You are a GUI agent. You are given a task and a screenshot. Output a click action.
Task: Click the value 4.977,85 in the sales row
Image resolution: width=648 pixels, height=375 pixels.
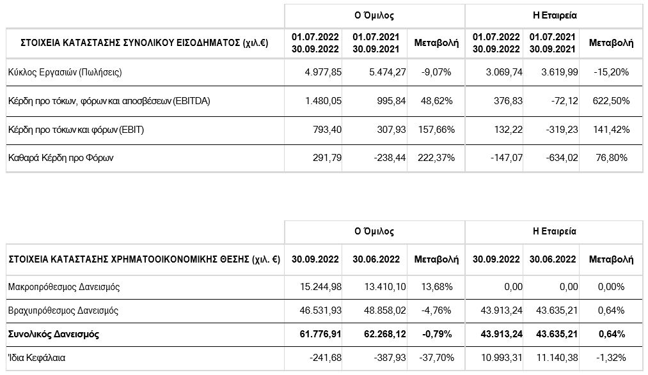(323, 72)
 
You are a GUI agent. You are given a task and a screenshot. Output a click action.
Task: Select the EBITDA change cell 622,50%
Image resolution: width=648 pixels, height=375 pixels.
(612, 101)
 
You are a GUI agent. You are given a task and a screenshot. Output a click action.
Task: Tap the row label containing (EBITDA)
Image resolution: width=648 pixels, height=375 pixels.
(109, 101)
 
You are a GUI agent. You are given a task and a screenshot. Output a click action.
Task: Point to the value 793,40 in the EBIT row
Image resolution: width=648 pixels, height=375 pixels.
(328, 130)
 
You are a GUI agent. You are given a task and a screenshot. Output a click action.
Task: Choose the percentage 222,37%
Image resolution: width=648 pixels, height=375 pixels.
(436, 158)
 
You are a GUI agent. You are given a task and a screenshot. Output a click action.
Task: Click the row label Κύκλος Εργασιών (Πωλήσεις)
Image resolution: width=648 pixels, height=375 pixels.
(65, 73)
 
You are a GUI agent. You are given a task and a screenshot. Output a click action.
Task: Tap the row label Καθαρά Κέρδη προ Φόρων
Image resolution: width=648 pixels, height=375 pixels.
(61, 158)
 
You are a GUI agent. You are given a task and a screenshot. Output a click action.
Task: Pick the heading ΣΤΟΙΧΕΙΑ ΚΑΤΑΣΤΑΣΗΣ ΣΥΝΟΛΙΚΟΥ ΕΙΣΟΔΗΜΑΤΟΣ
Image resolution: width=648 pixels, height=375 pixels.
(130, 43)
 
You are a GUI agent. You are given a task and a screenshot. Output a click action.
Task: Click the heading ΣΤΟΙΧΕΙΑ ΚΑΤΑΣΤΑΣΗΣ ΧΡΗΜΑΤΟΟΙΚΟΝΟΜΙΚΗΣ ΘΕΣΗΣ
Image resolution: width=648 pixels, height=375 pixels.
(129, 259)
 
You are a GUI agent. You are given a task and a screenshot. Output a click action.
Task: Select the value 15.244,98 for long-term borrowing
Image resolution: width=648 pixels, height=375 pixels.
(321, 287)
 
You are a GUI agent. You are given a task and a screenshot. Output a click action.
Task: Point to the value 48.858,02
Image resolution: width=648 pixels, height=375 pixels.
(385, 310)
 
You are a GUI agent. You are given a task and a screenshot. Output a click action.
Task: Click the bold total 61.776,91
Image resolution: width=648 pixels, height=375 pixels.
(320, 333)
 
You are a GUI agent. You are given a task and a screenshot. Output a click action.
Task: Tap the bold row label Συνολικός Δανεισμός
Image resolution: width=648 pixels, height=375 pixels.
(54, 334)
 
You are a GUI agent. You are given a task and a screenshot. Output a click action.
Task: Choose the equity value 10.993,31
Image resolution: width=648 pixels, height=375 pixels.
(502, 358)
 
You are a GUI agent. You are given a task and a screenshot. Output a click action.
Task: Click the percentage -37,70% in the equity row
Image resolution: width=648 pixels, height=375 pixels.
(436, 358)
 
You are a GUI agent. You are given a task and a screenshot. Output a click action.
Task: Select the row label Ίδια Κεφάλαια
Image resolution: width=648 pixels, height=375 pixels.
(36, 358)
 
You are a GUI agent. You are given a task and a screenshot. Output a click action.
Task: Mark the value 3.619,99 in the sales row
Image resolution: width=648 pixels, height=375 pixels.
(560, 72)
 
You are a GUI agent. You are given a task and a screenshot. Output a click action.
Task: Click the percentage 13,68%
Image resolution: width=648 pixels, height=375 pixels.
(436, 287)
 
